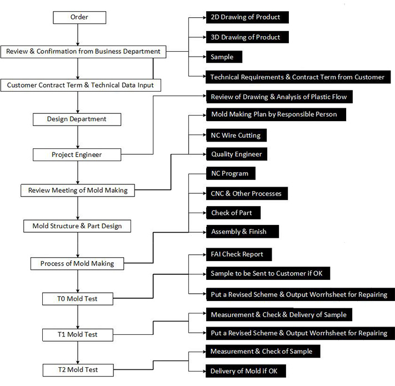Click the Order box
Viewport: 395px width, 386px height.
click(79, 17)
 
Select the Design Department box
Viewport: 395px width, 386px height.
click(77, 119)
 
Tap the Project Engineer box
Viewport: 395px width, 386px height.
click(77, 154)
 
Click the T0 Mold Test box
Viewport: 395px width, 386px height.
click(78, 299)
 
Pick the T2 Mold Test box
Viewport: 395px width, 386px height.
click(78, 370)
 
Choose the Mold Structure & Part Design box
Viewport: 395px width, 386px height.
click(77, 226)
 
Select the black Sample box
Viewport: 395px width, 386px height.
click(224, 57)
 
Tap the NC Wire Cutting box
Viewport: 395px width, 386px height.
click(236, 135)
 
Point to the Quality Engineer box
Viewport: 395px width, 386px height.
click(237, 154)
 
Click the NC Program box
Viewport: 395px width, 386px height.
click(231, 173)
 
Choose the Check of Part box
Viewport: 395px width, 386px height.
click(233, 213)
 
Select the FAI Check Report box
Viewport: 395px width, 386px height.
click(239, 254)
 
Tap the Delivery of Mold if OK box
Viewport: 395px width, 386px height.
click(246, 371)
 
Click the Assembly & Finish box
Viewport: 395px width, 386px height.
click(242, 232)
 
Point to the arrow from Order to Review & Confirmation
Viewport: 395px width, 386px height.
click(78, 35)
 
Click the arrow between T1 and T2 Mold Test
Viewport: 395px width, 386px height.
click(78, 353)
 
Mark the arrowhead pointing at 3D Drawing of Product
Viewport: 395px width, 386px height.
click(204, 37)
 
